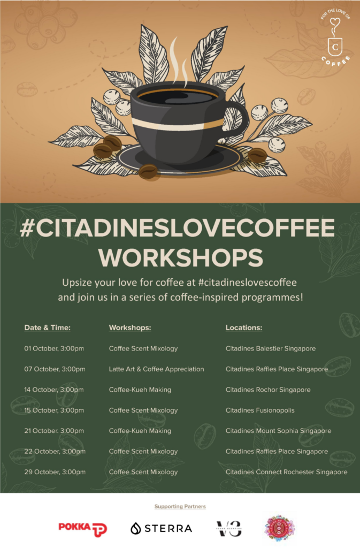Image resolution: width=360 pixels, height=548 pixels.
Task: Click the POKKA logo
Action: pos(82,528)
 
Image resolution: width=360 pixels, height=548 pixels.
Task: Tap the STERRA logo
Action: pos(161,528)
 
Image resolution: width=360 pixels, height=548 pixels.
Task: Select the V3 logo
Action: pos(228,528)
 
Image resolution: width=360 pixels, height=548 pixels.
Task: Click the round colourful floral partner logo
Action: pos(280,528)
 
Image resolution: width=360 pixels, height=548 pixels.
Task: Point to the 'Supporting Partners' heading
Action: pos(180,506)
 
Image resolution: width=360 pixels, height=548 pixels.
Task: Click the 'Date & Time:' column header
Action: pos(47,328)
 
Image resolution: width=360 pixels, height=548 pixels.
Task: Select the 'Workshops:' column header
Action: pos(130,328)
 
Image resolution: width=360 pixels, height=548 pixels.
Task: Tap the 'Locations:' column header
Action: pos(244,328)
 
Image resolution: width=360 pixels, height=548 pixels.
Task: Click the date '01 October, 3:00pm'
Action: pos(54,348)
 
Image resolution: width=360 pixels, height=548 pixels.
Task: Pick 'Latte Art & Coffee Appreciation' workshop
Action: pos(156,369)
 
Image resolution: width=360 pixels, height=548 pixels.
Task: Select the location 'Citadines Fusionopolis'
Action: pos(260,410)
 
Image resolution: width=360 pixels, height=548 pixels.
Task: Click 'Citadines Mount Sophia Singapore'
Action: pos(278,431)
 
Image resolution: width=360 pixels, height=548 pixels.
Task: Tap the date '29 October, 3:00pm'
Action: pos(55,472)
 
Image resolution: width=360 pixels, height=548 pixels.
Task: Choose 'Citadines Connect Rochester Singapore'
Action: pos(286,472)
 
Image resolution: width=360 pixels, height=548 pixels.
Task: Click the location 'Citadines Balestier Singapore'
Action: pos(271,348)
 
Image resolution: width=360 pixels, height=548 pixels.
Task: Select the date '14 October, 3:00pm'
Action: pos(54,390)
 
